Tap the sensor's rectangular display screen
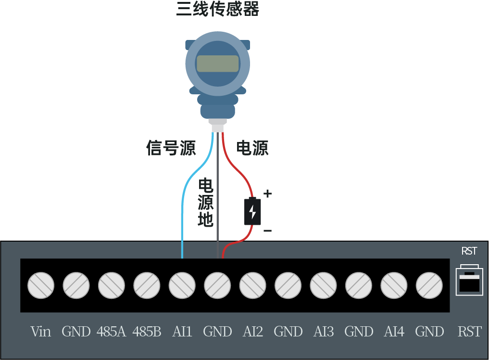(x=217, y=64)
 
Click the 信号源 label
(x=171, y=148)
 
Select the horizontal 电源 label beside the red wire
(x=252, y=148)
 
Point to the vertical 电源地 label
(x=206, y=203)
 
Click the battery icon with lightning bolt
(x=252, y=211)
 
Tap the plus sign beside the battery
(x=267, y=194)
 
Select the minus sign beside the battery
(x=267, y=231)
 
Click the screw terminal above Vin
(x=41, y=285)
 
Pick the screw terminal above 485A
(x=112, y=285)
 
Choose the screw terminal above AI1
(x=182, y=285)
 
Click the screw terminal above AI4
(x=394, y=285)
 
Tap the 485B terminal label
(x=147, y=332)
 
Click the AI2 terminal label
(x=253, y=332)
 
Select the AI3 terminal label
(x=324, y=332)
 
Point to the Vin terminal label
(x=41, y=332)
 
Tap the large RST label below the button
(x=469, y=332)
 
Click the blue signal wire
(x=183, y=207)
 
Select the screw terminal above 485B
(x=147, y=285)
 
